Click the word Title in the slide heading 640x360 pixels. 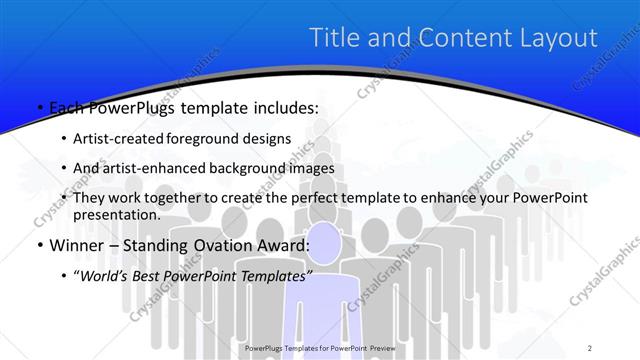[337, 38]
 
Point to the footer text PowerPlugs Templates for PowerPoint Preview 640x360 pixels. [320, 348]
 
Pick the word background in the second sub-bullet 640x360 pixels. [283, 168]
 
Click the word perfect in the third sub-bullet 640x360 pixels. [293, 198]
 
